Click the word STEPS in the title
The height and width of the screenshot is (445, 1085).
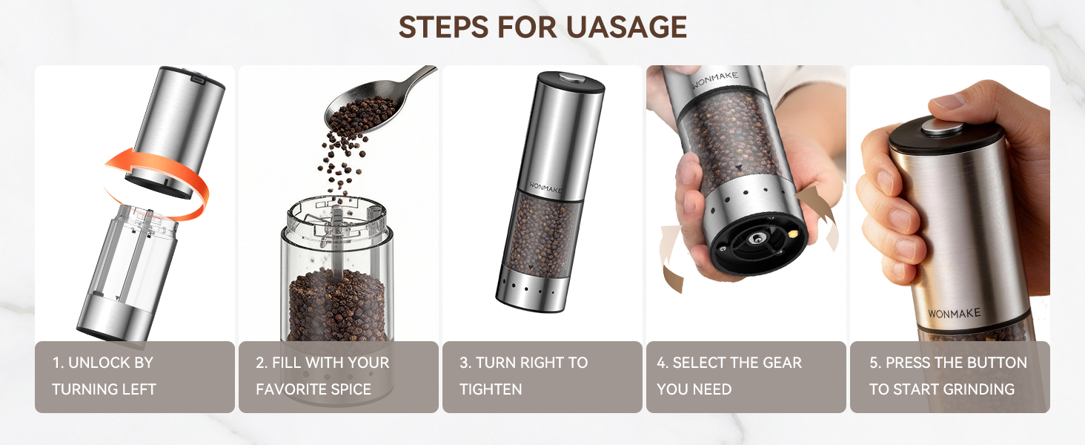click(x=444, y=27)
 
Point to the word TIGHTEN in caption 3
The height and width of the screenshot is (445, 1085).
click(x=491, y=389)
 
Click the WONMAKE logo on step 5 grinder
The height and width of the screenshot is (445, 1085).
click(x=954, y=314)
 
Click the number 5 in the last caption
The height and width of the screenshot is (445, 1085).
click(x=875, y=363)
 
